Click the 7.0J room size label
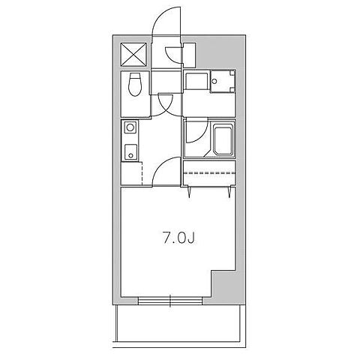point(178,238)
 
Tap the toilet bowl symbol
point(135,84)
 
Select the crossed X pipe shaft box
point(133,55)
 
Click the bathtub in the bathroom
point(223,140)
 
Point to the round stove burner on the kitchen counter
point(130,127)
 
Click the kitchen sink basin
point(130,152)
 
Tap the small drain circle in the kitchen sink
point(130,155)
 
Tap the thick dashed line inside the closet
point(210,172)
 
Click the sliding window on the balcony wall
point(170,301)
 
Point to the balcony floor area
point(179,324)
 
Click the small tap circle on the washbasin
point(214,81)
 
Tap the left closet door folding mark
point(189,193)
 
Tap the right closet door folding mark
point(229,193)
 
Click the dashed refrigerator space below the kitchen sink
point(131,173)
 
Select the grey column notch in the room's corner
point(223,283)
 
